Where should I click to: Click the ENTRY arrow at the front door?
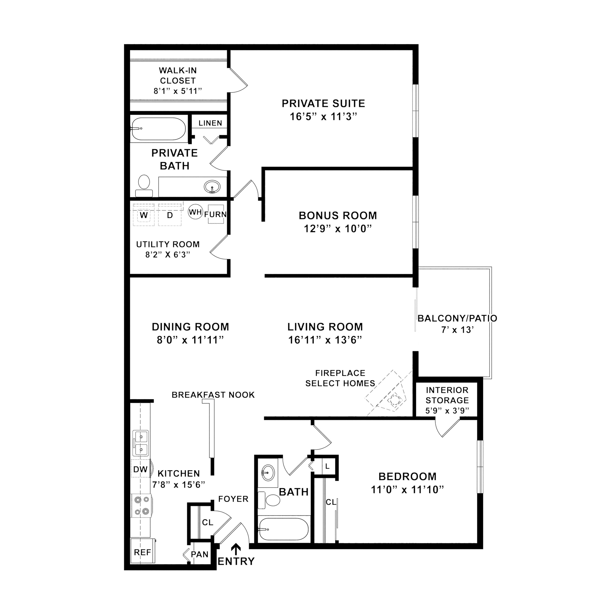coord(236,549)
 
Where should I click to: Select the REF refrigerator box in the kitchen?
coord(143,552)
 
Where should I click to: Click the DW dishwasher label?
coord(140,469)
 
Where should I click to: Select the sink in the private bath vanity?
coord(212,186)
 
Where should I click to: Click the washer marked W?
coord(144,215)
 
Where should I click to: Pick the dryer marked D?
coord(170,215)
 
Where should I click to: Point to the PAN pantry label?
coord(200,554)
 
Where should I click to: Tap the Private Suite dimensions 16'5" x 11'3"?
coord(323,117)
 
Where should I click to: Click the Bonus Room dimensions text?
coord(338,229)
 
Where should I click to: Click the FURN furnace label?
coord(216,214)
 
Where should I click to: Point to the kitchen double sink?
coord(141,443)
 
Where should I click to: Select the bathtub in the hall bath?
coord(283,529)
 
